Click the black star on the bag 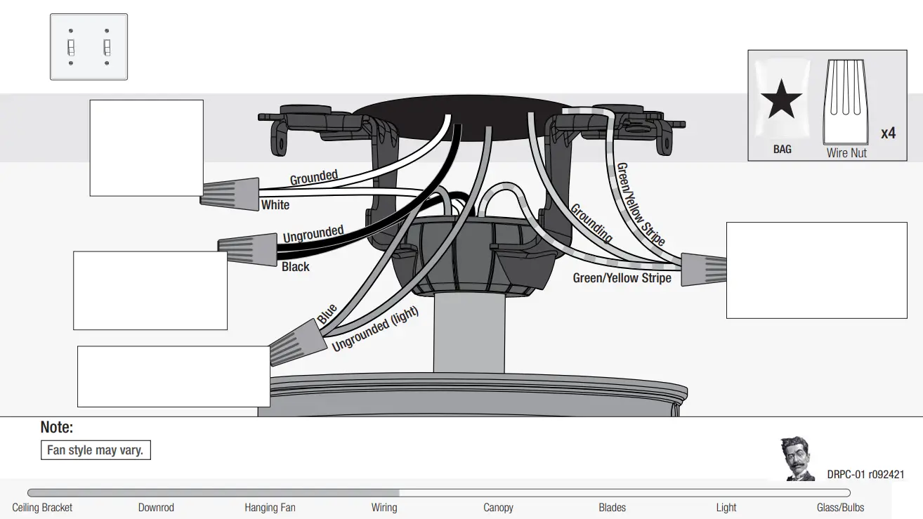pyautogui.click(x=781, y=100)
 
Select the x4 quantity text pyautogui.click(x=888, y=133)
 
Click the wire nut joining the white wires pyautogui.click(x=230, y=190)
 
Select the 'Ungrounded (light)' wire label pyautogui.click(x=375, y=329)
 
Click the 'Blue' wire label pyautogui.click(x=327, y=313)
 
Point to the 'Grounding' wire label pyautogui.click(x=591, y=223)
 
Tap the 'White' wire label pyautogui.click(x=275, y=205)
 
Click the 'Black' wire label pyautogui.click(x=295, y=267)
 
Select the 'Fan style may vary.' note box pyautogui.click(x=96, y=450)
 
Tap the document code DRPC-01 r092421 pyautogui.click(x=865, y=475)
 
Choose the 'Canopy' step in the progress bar pyautogui.click(x=498, y=507)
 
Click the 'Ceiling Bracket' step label pyautogui.click(x=42, y=507)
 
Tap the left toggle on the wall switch pyautogui.click(x=70, y=47)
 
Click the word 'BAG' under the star pyautogui.click(x=782, y=150)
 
